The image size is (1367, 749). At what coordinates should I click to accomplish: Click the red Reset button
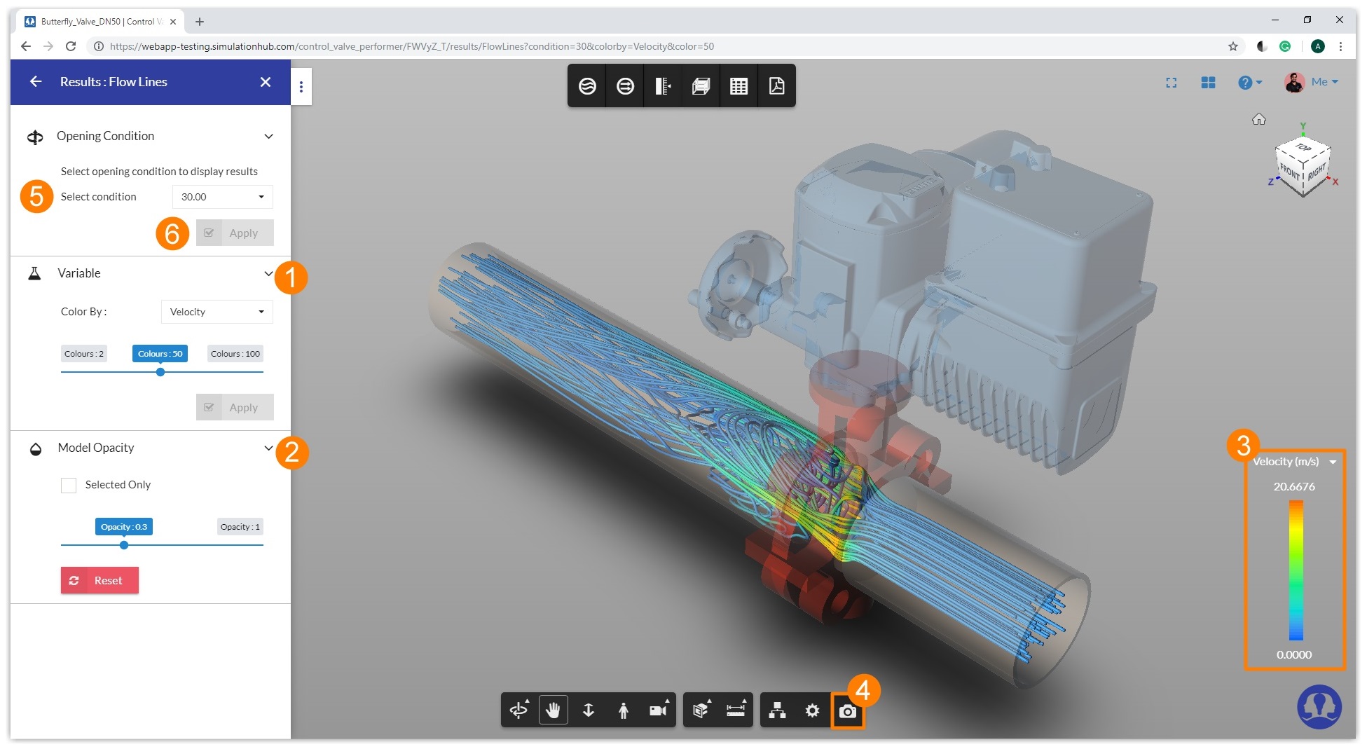[99, 580]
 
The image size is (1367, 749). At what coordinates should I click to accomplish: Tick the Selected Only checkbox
[69, 485]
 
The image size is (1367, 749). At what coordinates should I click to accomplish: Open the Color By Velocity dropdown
[217, 312]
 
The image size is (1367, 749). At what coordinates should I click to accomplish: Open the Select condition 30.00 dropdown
[222, 197]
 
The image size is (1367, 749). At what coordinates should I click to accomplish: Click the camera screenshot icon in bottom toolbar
[847, 711]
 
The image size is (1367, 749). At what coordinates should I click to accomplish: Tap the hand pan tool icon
[553, 710]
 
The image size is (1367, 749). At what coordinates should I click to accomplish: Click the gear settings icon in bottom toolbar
[812, 710]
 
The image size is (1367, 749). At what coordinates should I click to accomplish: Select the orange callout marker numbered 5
[36, 196]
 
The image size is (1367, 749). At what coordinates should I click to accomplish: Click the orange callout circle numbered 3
[1243, 445]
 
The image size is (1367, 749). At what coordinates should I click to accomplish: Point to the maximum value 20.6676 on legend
[1293, 486]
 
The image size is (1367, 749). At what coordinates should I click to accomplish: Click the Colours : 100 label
[235, 354]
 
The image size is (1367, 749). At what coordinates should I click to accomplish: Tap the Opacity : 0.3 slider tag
[124, 527]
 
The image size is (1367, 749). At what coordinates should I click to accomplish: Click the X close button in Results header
[266, 82]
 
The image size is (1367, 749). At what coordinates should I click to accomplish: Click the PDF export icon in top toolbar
[776, 85]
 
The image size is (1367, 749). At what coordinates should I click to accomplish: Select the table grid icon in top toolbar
[739, 85]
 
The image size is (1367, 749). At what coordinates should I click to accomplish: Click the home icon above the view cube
[1258, 119]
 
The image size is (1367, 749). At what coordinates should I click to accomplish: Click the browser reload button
[71, 46]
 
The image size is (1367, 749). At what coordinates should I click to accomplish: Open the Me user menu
[1312, 82]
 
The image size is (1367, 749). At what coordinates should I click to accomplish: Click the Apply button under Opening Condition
[235, 233]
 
